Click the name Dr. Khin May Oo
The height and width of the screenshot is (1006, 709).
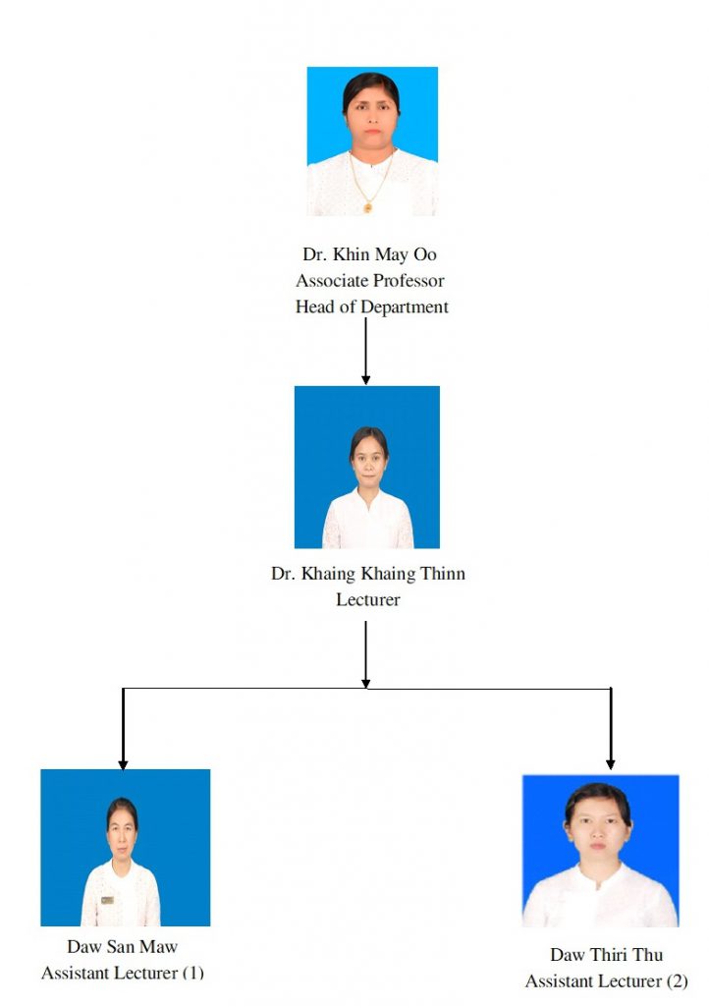[369, 254]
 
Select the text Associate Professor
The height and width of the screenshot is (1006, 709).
[370, 280]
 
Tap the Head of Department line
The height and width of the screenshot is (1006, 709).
[372, 307]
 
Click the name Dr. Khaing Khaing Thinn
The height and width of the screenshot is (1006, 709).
[368, 574]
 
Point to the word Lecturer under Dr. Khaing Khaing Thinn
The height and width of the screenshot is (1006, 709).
[368, 600]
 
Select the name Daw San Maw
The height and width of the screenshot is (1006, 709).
[122, 946]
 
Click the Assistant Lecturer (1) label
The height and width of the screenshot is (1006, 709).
[123, 973]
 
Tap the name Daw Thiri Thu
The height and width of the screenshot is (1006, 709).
[607, 955]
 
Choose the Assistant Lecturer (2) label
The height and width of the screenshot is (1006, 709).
[607, 981]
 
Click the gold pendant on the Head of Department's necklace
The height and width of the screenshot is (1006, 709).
[368, 207]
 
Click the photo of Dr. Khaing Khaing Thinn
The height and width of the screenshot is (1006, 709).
[367, 467]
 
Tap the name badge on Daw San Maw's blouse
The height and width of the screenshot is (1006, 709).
[107, 900]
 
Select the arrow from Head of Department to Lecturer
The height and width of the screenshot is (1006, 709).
[365, 351]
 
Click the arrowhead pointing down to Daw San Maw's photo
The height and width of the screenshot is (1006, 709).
[123, 764]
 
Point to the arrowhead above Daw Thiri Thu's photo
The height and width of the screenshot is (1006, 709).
[610, 764]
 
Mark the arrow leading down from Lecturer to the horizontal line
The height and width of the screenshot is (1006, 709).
[365, 654]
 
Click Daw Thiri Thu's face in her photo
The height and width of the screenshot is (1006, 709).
[597, 825]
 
